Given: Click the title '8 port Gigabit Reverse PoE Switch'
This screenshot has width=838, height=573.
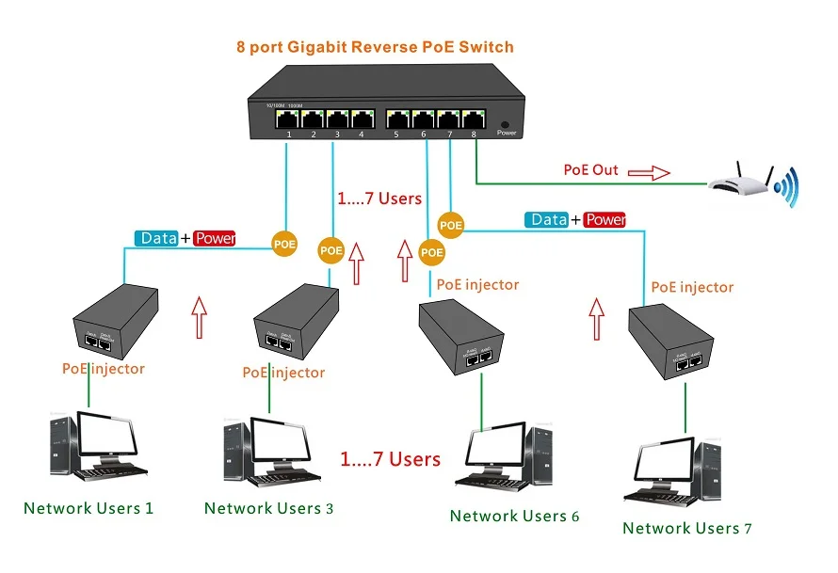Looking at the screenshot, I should (x=375, y=46).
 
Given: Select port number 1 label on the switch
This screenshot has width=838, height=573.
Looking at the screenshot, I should (x=289, y=135).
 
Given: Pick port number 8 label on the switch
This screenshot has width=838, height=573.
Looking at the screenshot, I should (x=475, y=135).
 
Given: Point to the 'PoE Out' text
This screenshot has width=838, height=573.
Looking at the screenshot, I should (x=591, y=170).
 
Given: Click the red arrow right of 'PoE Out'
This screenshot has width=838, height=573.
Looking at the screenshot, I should (x=648, y=171).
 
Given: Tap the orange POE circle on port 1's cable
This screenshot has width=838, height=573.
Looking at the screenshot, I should (x=284, y=244).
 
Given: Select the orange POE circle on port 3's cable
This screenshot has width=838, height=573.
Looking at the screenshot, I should (x=331, y=250).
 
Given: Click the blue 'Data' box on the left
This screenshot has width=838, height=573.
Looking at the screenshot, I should (x=157, y=238).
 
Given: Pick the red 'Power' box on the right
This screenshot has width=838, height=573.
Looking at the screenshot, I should (x=604, y=219).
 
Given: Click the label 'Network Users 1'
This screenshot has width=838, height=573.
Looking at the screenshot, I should (x=89, y=508).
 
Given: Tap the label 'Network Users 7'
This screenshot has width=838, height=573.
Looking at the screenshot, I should (x=687, y=528).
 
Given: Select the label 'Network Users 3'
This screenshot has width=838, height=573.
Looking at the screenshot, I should (x=268, y=508).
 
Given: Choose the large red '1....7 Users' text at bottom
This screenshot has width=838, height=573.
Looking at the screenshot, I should (x=390, y=459).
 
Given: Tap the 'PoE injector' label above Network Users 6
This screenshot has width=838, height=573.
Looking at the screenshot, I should (x=477, y=284).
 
